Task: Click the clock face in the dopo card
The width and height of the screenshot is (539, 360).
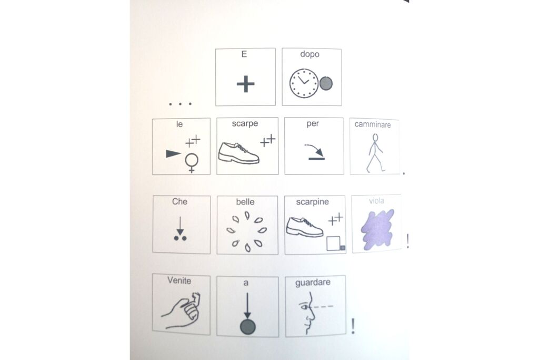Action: click(x=304, y=83)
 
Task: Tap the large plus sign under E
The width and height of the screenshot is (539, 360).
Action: click(x=245, y=84)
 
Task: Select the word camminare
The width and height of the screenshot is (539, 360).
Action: click(x=373, y=124)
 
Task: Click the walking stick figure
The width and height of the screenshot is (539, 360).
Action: click(x=375, y=153)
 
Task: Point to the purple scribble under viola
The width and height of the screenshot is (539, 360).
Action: click(x=377, y=229)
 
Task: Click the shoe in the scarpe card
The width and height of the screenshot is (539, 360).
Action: click(x=238, y=153)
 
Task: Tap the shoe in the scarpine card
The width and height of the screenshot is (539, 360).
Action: click(x=305, y=227)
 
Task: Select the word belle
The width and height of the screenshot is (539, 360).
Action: click(x=245, y=202)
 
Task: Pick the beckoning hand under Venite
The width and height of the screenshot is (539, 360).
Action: click(x=182, y=310)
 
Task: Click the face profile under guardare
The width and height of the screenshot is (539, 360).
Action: click(x=308, y=313)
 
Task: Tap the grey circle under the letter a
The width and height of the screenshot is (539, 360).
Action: click(x=247, y=326)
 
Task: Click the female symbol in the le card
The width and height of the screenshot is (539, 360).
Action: click(x=192, y=162)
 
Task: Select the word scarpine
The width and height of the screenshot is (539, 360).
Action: click(x=312, y=202)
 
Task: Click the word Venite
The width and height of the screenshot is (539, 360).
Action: click(x=179, y=280)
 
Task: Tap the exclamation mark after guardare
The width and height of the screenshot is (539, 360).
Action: click(x=353, y=326)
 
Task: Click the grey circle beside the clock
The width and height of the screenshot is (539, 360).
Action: click(x=326, y=83)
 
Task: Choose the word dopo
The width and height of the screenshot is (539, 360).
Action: click(x=310, y=54)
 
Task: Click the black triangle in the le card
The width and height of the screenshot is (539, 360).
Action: click(x=173, y=154)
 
